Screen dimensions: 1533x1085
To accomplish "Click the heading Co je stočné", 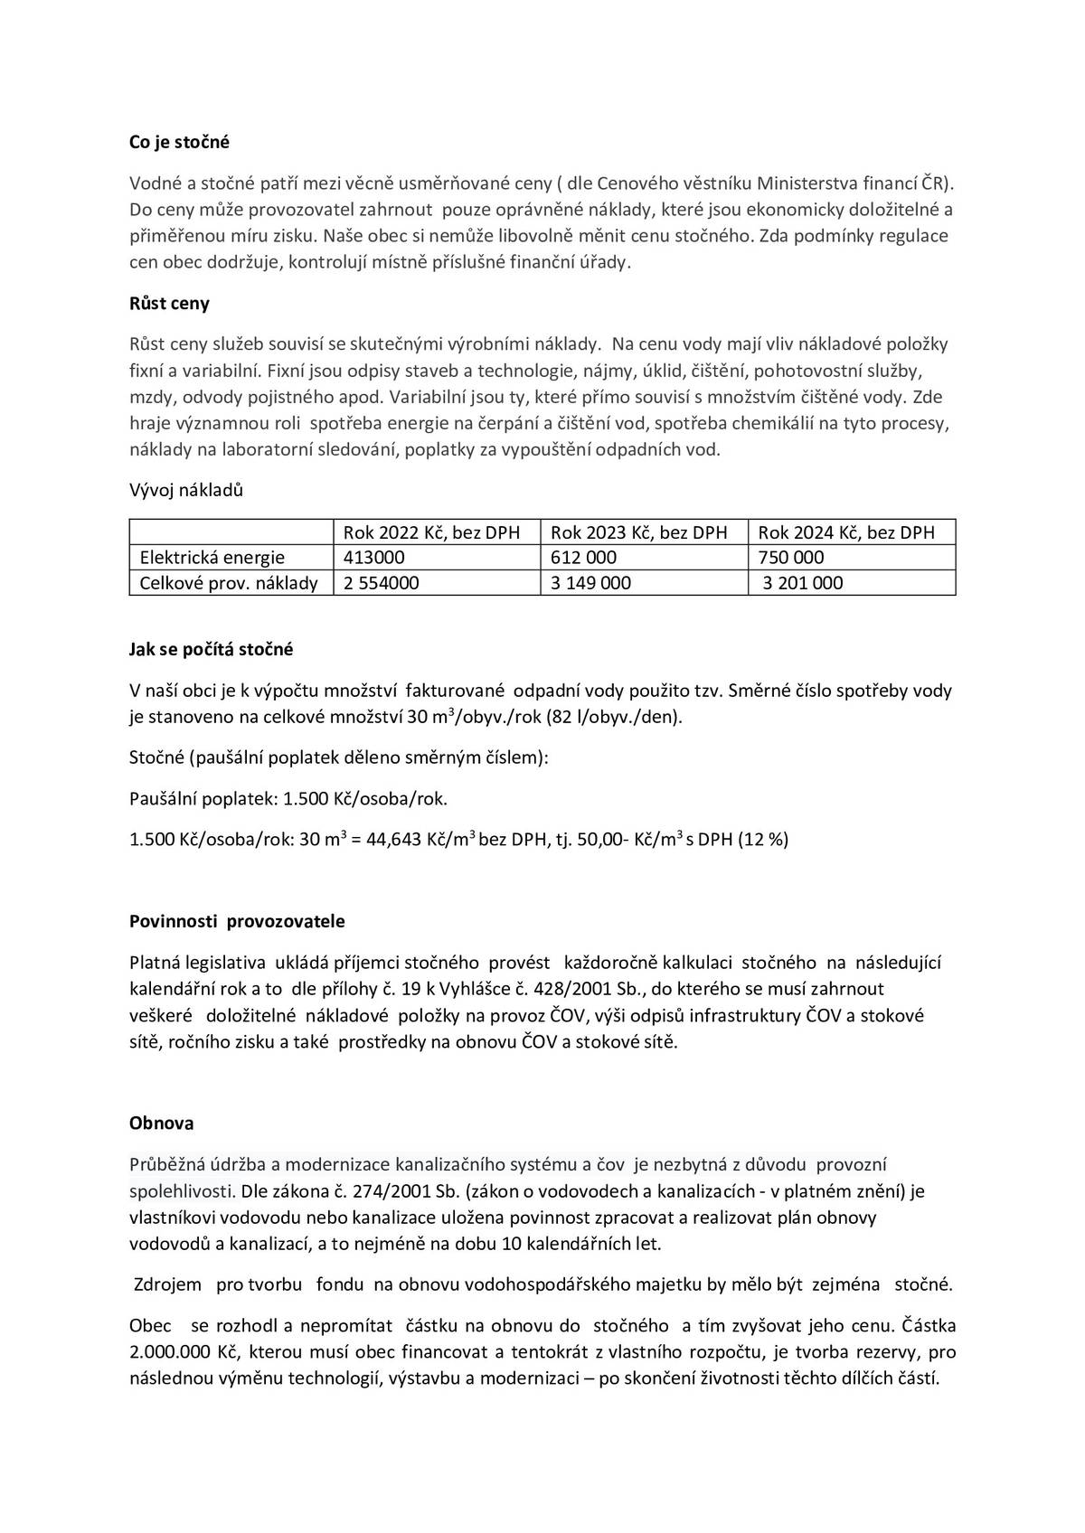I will [x=179, y=142].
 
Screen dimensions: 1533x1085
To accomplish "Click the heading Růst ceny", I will [x=169, y=304].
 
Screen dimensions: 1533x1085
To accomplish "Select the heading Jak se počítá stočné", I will [x=211, y=650].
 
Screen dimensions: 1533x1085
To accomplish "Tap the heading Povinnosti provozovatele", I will [x=237, y=922].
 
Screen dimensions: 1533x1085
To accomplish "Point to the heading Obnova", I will [x=161, y=1124].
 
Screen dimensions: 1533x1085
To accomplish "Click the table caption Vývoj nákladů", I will [x=186, y=491].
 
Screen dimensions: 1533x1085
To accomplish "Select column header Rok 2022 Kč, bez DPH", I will [x=431, y=532].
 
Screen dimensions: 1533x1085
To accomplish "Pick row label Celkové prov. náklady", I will [x=229, y=583].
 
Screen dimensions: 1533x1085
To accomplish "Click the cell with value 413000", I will [x=374, y=558].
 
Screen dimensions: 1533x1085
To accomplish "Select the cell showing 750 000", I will [x=791, y=558].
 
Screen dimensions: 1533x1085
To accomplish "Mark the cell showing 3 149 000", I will [x=590, y=583].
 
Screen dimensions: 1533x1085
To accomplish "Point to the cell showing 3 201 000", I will [x=802, y=583].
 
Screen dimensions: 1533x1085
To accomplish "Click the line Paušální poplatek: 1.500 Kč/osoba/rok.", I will [x=288, y=799].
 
